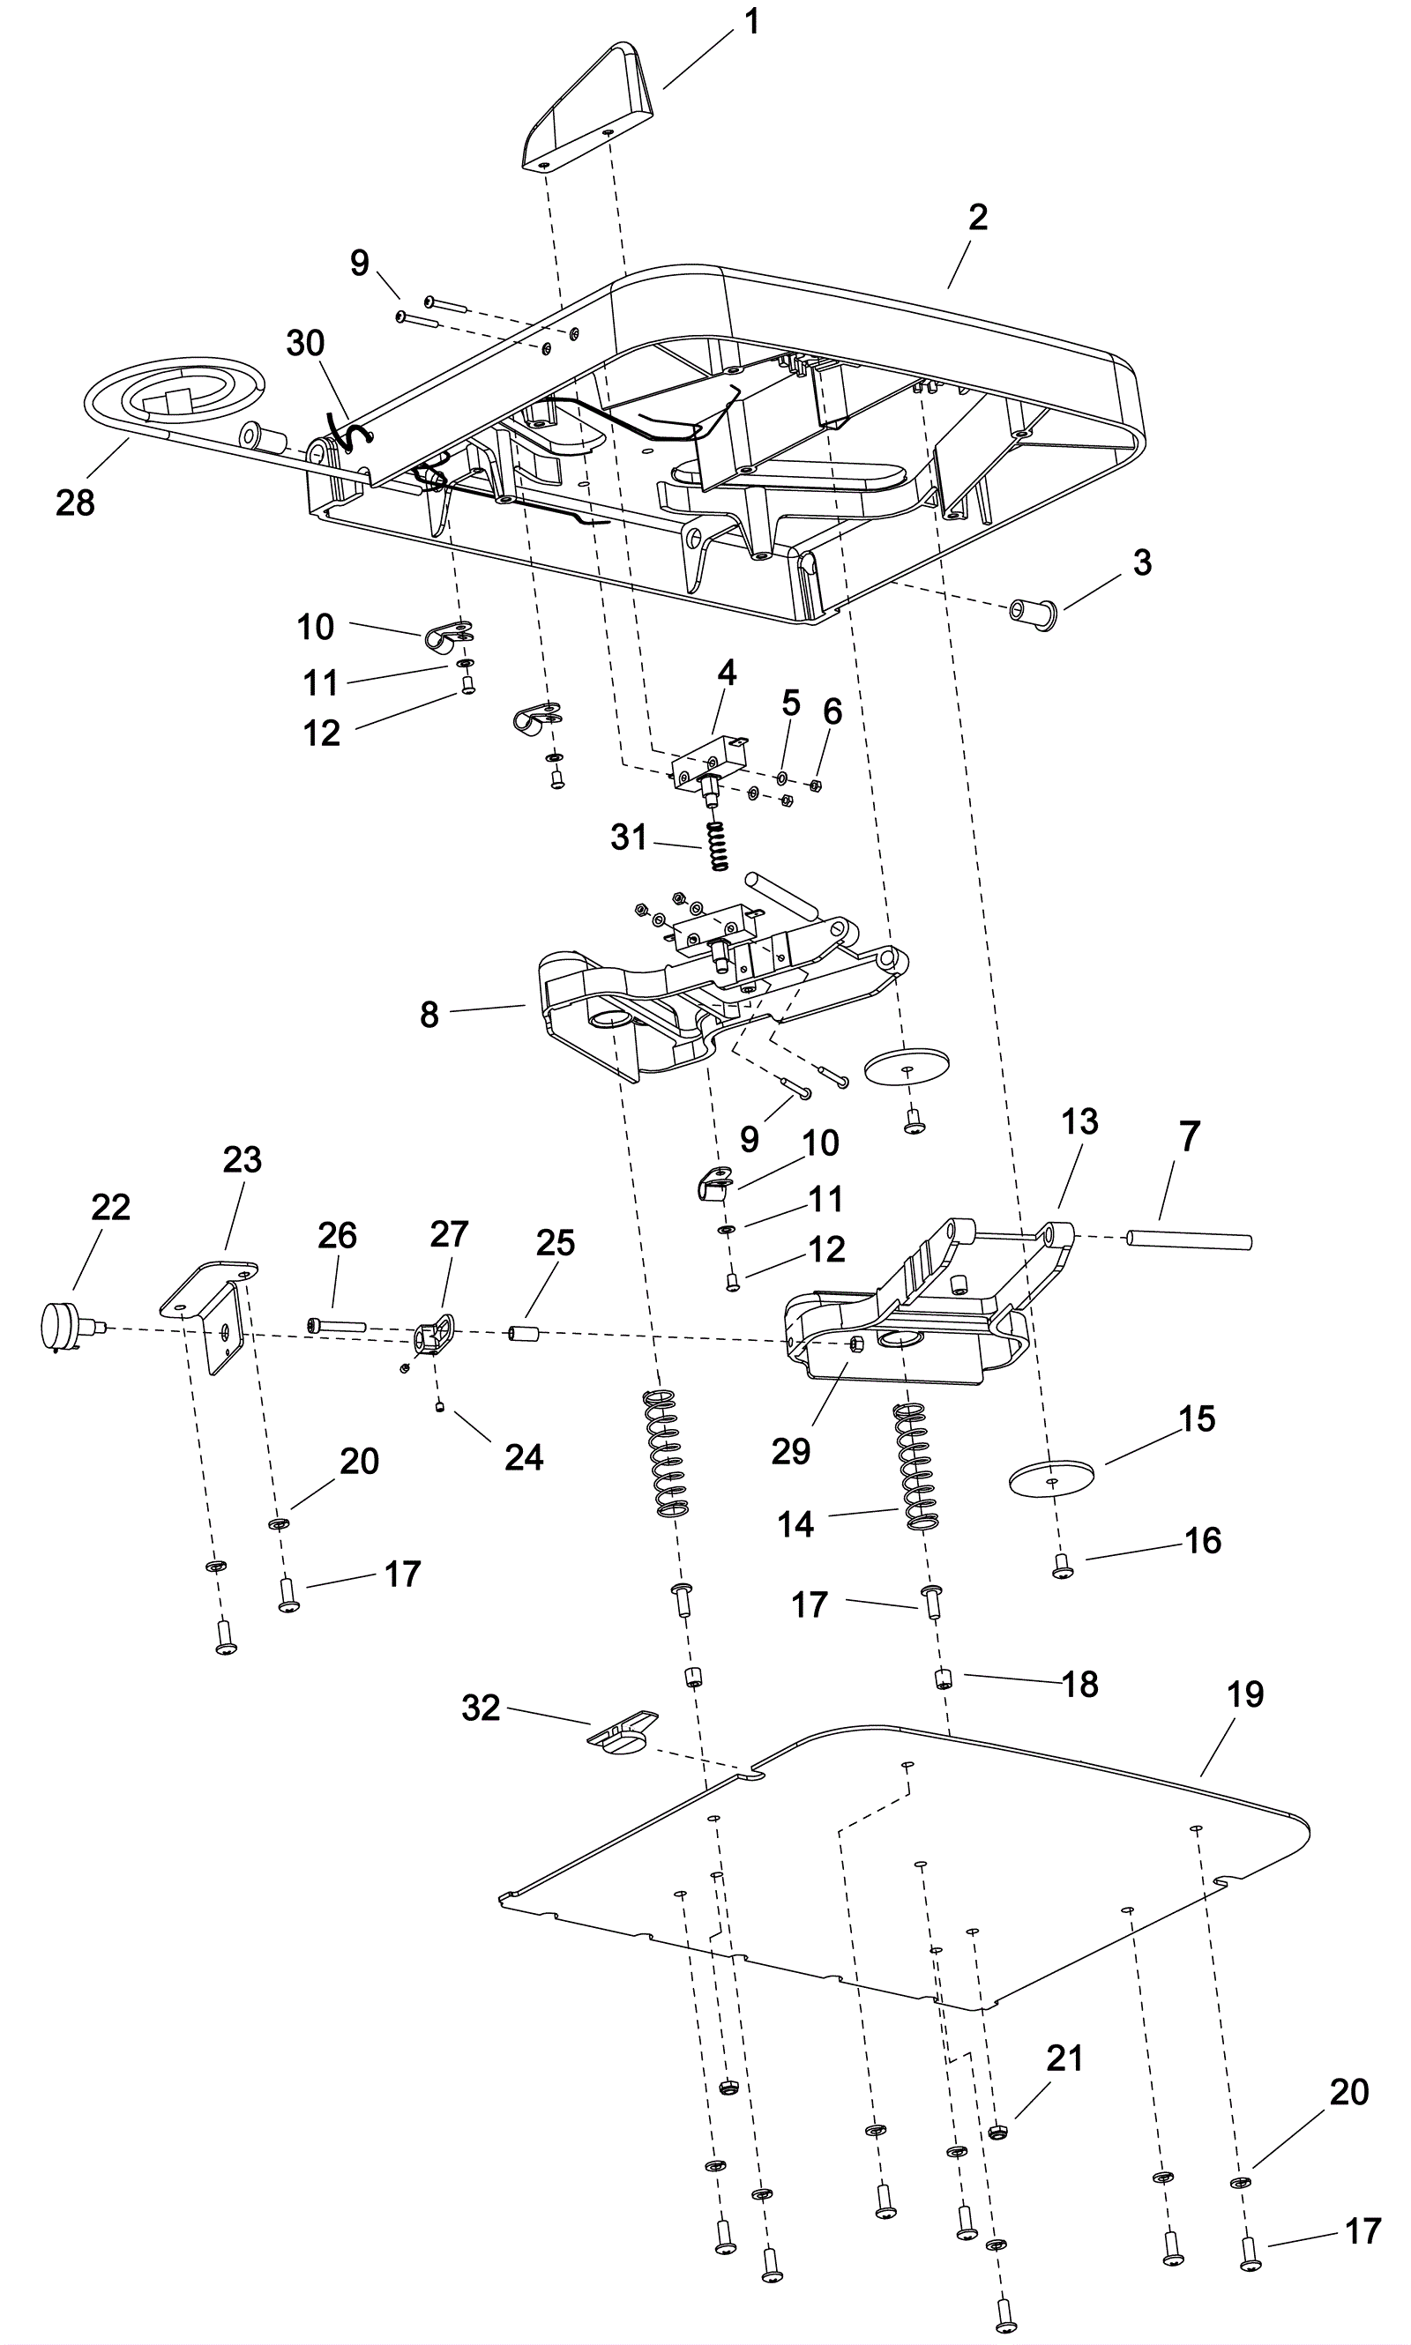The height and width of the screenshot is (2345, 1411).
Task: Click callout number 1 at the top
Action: coord(751,21)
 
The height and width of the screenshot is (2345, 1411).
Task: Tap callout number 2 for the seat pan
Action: coord(977,218)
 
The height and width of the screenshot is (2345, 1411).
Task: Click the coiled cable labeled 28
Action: coord(171,394)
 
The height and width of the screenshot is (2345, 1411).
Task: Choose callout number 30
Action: coord(305,343)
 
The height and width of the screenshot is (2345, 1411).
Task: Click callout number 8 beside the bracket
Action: coord(429,1016)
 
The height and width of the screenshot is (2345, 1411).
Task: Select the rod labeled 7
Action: coord(1189,1240)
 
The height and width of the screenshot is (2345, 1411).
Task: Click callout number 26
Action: coord(337,1236)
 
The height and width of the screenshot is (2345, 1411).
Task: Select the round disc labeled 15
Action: coord(1049,1479)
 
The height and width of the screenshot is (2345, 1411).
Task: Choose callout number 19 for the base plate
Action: coord(1244,1694)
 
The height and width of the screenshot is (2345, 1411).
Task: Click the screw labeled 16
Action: coord(1062,1571)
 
